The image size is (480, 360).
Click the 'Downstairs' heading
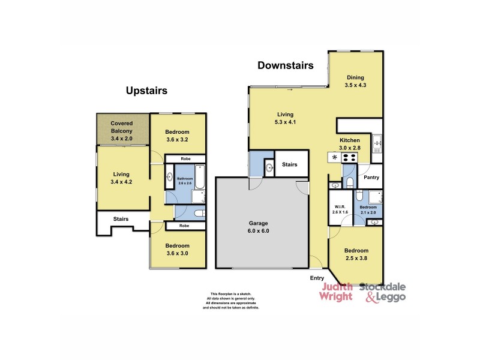tap(285, 66)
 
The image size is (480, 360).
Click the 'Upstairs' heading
tap(146, 91)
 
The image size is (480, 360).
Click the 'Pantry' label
tap(372, 177)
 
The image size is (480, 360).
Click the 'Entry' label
tap(317, 278)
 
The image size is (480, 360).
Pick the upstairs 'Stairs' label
tap(121, 220)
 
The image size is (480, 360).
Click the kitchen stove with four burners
tap(350, 157)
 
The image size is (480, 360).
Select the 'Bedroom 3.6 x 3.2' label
tap(178, 136)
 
